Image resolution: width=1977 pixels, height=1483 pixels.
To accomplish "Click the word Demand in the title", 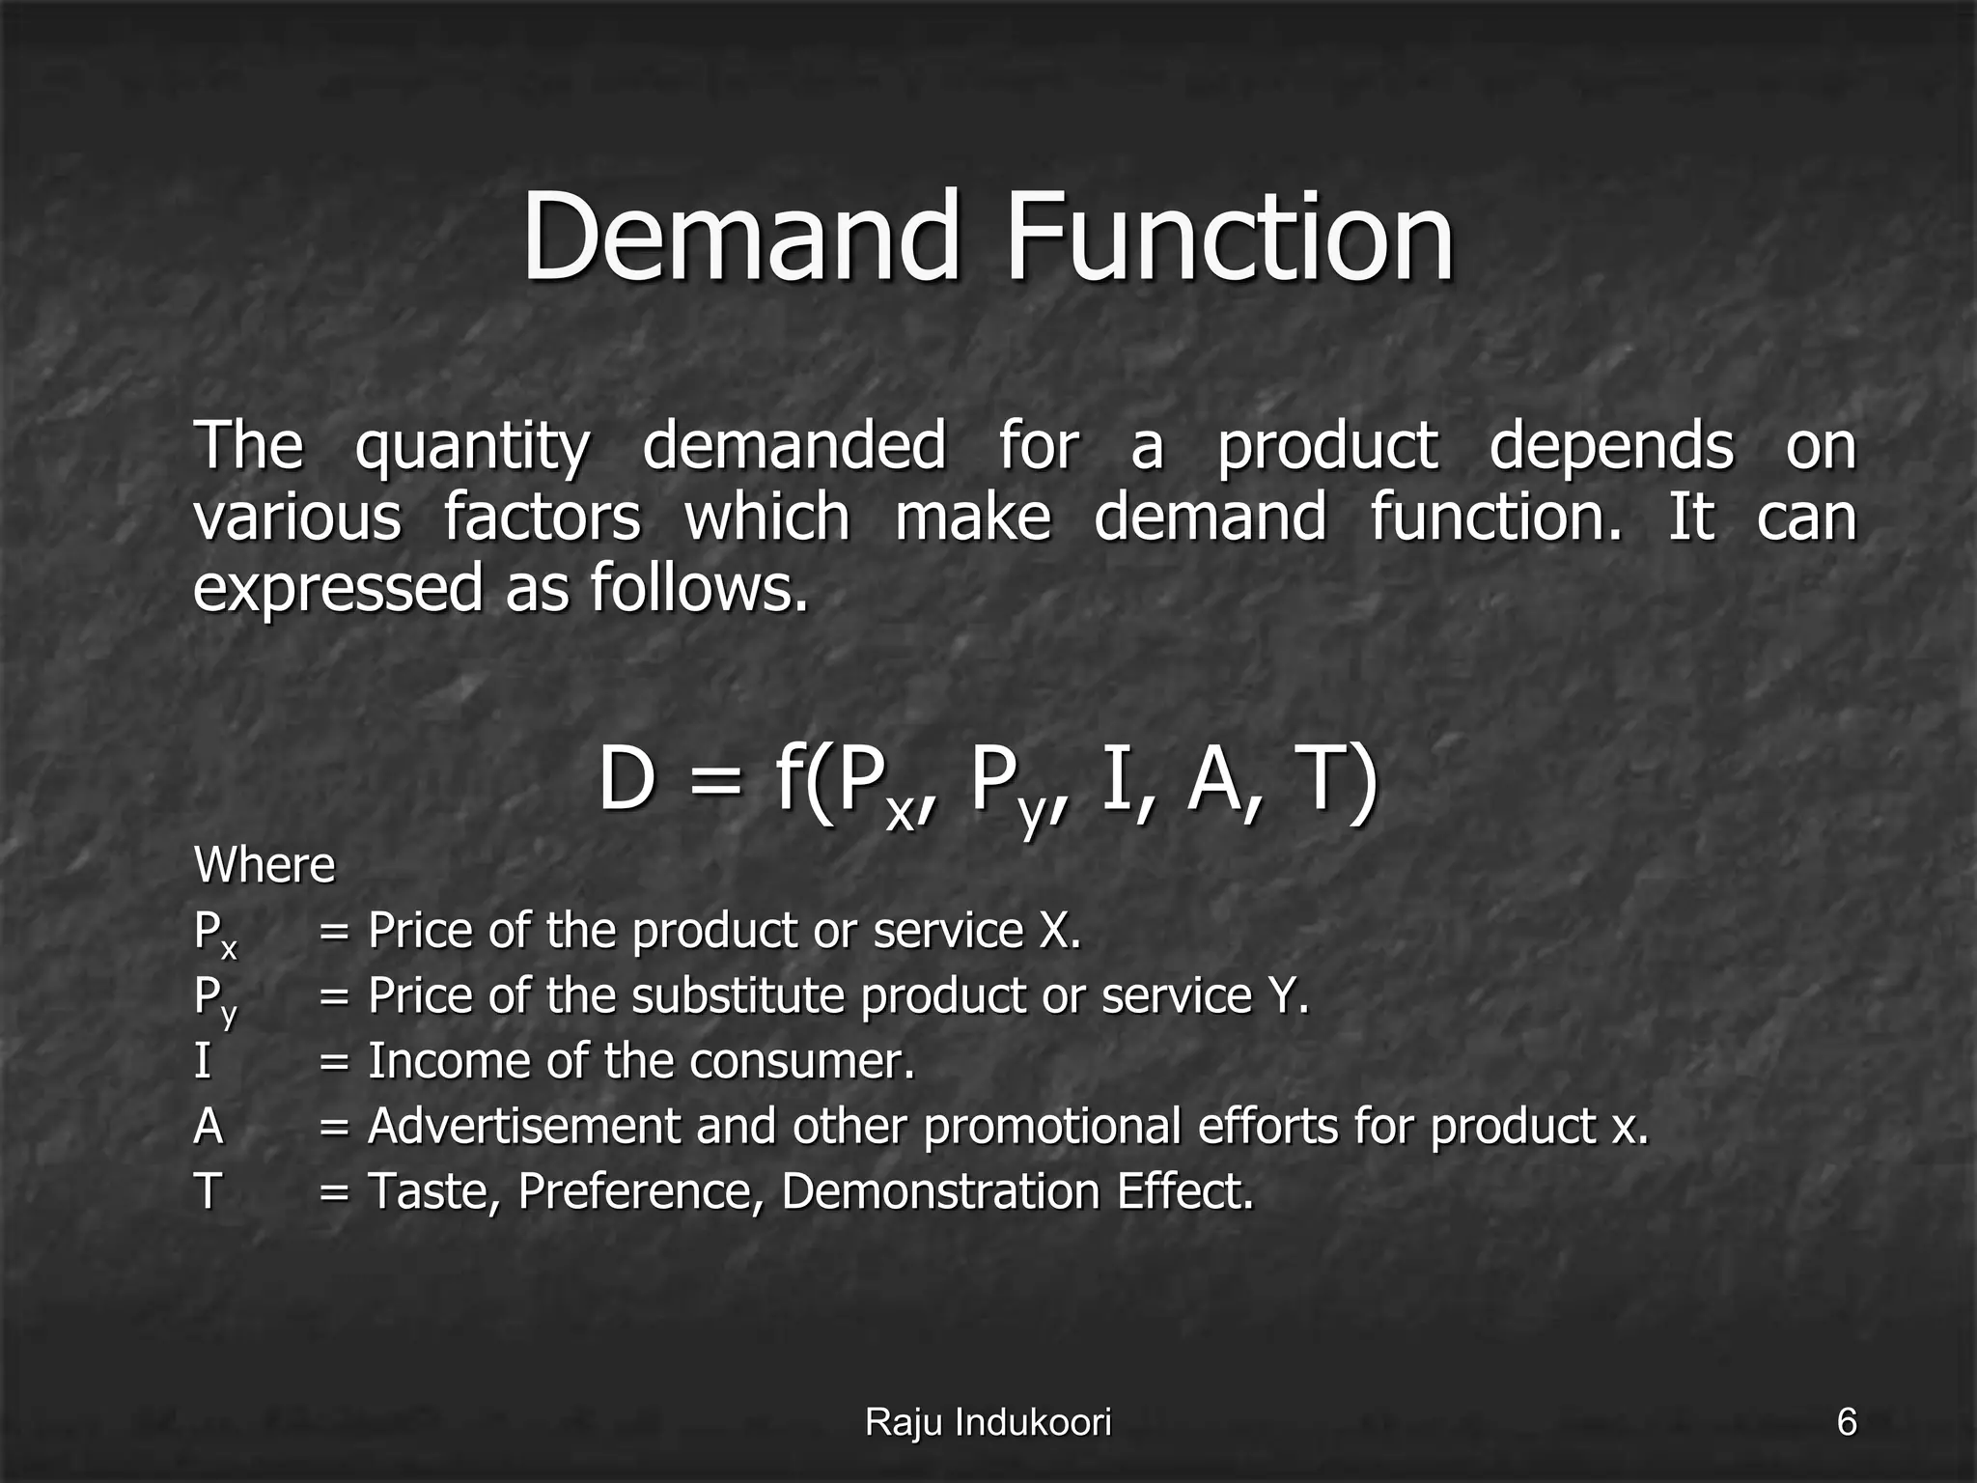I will click(742, 237).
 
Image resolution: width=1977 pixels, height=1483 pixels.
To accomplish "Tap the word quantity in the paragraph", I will click(472, 448).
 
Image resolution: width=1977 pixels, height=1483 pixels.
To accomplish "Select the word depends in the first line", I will click(1611, 448).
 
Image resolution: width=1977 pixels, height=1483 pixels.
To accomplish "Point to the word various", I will click(296, 518).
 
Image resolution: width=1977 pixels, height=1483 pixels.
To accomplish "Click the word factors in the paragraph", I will click(542, 518).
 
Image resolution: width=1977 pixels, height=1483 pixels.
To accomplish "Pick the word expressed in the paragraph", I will click(337, 589).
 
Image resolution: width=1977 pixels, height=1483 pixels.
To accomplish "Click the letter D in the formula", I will click(627, 780).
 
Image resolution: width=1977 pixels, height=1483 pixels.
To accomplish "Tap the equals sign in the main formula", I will click(716, 782).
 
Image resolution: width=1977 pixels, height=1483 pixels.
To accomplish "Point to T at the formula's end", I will click(1328, 780).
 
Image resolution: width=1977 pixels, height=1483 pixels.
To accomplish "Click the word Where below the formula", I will click(265, 865).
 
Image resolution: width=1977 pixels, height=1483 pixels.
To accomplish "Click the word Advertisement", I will click(524, 1126).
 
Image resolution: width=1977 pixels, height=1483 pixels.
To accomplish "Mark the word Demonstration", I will click(939, 1191).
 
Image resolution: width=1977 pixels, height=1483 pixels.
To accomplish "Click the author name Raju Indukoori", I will click(988, 1422).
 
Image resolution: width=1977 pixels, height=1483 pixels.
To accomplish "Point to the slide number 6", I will click(1846, 1422).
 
